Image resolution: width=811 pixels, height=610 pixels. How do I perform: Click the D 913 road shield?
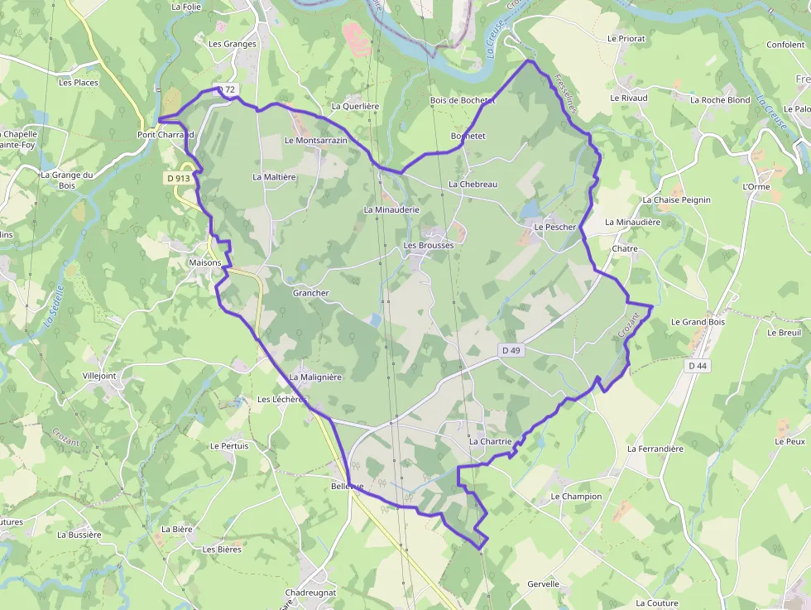(x=177, y=178)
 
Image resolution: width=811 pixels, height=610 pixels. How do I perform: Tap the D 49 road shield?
(x=511, y=350)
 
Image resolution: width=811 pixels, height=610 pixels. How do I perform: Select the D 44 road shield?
(x=698, y=365)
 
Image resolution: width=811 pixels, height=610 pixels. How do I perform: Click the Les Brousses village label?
(x=429, y=246)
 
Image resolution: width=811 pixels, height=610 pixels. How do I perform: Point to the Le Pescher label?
(x=554, y=226)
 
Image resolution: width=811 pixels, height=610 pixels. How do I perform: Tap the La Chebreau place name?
(x=473, y=184)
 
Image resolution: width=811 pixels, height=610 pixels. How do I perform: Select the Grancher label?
(x=310, y=293)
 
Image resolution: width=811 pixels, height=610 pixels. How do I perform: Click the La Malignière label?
(x=315, y=377)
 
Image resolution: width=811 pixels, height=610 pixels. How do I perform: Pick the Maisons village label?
(x=205, y=263)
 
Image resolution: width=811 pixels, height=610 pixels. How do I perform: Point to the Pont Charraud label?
(x=166, y=134)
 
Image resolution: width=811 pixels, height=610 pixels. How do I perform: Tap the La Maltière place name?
(x=274, y=176)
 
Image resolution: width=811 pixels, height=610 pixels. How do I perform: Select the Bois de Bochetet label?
(x=463, y=100)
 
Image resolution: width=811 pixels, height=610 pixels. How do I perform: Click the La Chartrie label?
(x=491, y=442)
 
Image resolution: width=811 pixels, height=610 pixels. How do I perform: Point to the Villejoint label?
(x=99, y=375)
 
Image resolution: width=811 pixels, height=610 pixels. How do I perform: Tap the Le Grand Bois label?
(x=698, y=322)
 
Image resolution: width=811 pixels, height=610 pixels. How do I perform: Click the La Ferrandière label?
(x=655, y=449)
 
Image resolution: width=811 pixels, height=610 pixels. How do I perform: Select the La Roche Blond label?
(x=720, y=100)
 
